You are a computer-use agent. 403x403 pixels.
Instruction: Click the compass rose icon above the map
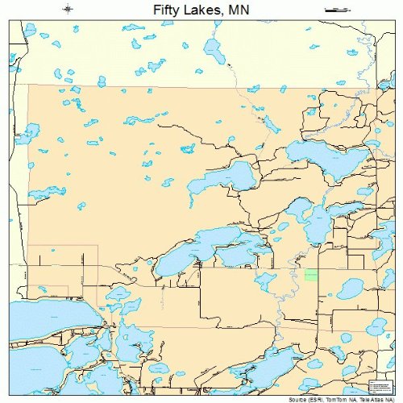[x=69, y=10]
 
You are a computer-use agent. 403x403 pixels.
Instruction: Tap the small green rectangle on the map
[x=311, y=275]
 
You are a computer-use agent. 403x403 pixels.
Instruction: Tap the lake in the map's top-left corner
[x=31, y=31]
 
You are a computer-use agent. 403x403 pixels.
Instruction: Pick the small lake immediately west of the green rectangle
[x=266, y=280]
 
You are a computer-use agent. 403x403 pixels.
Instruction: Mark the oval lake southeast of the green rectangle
[x=350, y=287]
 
